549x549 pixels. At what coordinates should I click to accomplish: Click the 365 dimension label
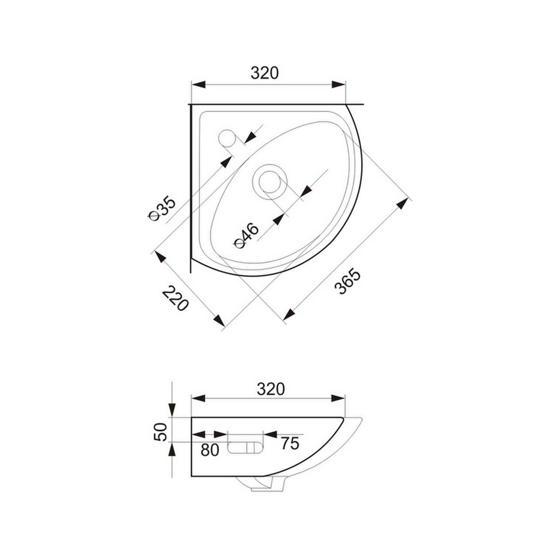(347, 281)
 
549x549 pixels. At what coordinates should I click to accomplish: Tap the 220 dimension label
(176, 298)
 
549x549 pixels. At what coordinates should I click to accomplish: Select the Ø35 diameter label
(161, 209)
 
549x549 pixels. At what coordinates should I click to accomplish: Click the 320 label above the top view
(265, 73)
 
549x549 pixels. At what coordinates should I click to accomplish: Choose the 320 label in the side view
(271, 389)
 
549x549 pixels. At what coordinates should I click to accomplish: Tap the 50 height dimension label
(161, 432)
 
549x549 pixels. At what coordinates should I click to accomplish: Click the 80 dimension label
(210, 450)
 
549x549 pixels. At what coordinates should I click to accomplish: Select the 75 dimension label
(290, 444)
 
